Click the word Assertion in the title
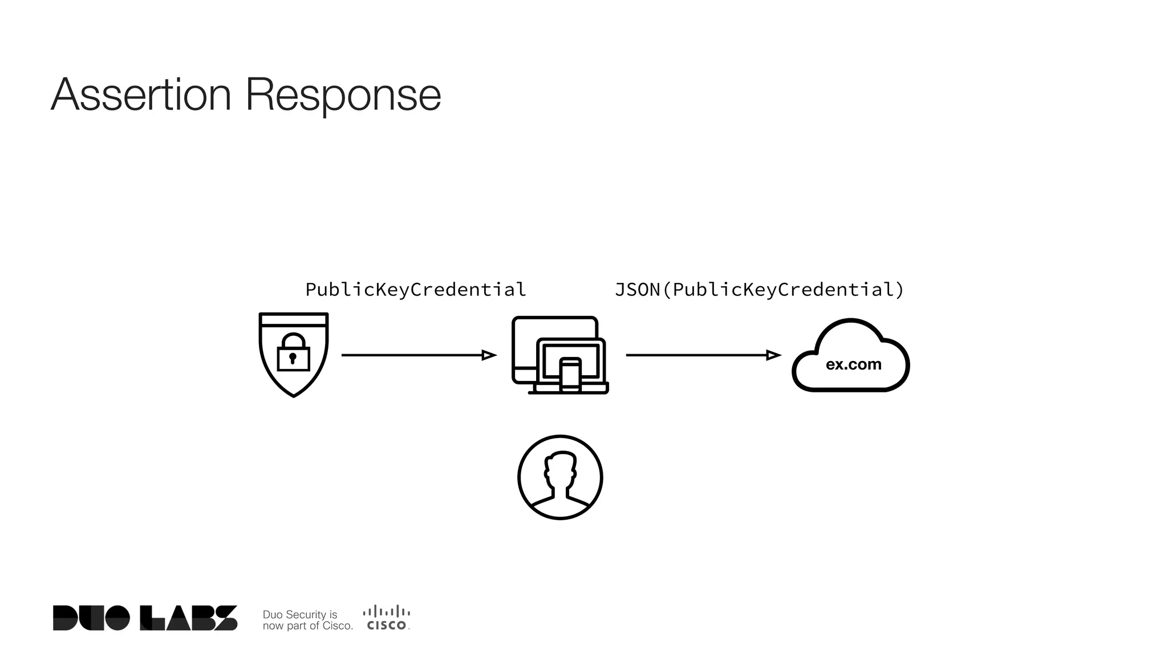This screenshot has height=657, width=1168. (x=141, y=95)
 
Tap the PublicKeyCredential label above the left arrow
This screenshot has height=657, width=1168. (x=415, y=290)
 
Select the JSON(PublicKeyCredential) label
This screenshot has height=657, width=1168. (x=759, y=290)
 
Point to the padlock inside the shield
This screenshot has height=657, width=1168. (x=293, y=352)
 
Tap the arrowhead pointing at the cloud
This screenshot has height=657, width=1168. (x=773, y=355)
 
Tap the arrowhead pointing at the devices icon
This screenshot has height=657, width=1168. (x=489, y=355)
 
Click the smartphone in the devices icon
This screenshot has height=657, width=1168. (x=570, y=375)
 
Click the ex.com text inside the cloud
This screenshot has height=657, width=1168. (x=853, y=364)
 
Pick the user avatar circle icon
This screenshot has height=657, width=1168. (x=560, y=477)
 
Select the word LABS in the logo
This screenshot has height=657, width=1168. (x=189, y=618)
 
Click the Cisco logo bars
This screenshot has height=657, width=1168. (x=387, y=611)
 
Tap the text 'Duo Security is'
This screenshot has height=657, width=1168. (x=299, y=614)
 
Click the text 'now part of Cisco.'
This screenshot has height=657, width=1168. (x=307, y=626)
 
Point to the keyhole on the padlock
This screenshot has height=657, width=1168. (x=293, y=358)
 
